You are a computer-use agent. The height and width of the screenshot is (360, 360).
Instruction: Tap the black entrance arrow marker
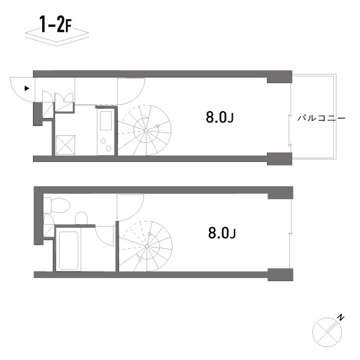pyautogui.click(x=26, y=88)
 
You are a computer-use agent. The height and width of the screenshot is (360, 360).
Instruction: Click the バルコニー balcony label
pyautogui.click(x=320, y=116)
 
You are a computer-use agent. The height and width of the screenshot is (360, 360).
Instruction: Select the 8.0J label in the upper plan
pyautogui.click(x=220, y=117)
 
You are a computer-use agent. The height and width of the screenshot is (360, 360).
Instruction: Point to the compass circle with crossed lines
pyautogui.click(x=325, y=331)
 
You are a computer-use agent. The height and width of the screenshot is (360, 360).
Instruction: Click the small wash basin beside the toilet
pyautogui.click(x=81, y=217)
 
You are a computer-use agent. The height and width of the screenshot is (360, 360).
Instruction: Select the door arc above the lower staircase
pyautogui.click(x=130, y=208)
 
